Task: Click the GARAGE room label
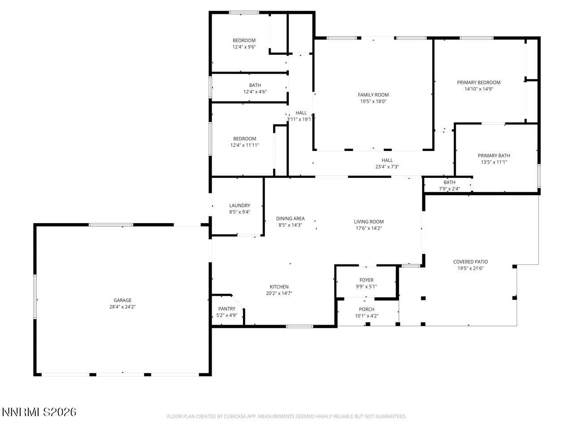[x=122, y=300]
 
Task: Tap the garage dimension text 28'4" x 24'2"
[x=122, y=307]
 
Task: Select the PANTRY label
[x=226, y=309]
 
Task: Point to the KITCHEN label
[x=279, y=287]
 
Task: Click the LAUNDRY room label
[x=239, y=206]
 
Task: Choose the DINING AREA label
[x=290, y=219]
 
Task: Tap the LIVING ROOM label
[x=369, y=221]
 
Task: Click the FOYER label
[x=366, y=280]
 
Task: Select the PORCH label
[x=366, y=309]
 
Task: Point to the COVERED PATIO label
[x=470, y=262]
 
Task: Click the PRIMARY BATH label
[x=494, y=156]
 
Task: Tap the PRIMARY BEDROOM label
[x=478, y=83]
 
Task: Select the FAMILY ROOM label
[x=373, y=95]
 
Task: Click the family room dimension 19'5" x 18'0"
[x=373, y=101]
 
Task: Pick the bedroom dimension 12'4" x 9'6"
[x=244, y=47]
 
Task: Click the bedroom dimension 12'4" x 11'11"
[x=244, y=145]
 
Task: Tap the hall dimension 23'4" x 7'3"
[x=387, y=167]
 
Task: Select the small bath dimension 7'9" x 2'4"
[x=449, y=189]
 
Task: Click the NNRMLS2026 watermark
[x=39, y=412]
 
